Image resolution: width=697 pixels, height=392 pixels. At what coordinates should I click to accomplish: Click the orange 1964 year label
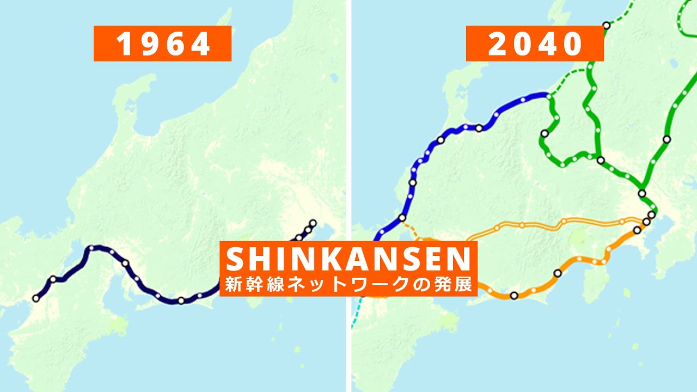pos(162,44)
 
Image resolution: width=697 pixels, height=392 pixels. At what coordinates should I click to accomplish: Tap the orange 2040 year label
pos(535,44)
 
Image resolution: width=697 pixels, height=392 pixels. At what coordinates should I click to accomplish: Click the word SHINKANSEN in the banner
pos(348,259)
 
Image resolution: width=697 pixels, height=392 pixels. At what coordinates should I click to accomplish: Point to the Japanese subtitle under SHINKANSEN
pos(348,284)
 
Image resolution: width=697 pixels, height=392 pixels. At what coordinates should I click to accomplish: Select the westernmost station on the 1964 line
pos(36,298)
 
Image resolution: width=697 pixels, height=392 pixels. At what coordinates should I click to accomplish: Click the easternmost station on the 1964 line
pos(313,223)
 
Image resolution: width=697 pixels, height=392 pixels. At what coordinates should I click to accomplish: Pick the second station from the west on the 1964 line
pos(53,279)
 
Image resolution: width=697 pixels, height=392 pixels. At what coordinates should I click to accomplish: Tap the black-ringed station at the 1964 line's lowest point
pos(181,301)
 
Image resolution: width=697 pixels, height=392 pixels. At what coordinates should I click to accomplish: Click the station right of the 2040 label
pos(606,25)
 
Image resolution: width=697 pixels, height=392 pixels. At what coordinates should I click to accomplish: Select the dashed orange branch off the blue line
pos(412,229)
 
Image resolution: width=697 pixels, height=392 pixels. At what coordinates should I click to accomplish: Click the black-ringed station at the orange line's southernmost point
pos(513,296)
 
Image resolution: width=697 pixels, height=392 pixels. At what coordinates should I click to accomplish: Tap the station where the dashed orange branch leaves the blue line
pos(402,218)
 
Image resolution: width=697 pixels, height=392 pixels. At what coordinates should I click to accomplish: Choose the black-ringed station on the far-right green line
pos(667,139)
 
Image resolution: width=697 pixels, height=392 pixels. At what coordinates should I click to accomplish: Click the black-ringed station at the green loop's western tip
pos(544,133)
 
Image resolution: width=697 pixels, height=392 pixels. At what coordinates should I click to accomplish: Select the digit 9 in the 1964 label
pos(143,44)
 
